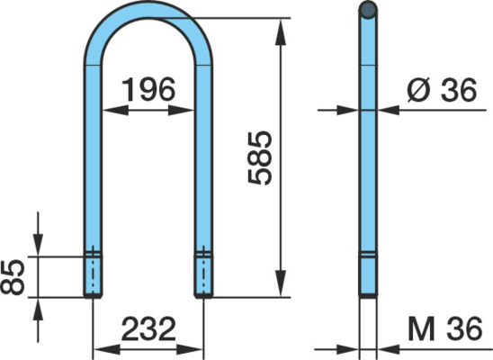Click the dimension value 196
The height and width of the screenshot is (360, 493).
tap(148, 89)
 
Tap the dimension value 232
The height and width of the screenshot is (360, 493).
tap(148, 328)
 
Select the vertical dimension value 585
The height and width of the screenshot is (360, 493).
tap(260, 157)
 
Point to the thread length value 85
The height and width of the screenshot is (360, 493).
tap(13, 276)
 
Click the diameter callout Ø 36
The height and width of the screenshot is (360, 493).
tap(442, 89)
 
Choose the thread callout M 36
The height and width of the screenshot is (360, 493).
tap(444, 328)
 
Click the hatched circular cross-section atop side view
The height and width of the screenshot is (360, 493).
tap(368, 10)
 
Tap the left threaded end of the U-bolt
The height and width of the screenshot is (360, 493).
tap(93, 276)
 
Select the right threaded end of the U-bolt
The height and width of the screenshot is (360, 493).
tap(203, 276)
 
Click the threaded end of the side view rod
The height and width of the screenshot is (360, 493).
tap(368, 276)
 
